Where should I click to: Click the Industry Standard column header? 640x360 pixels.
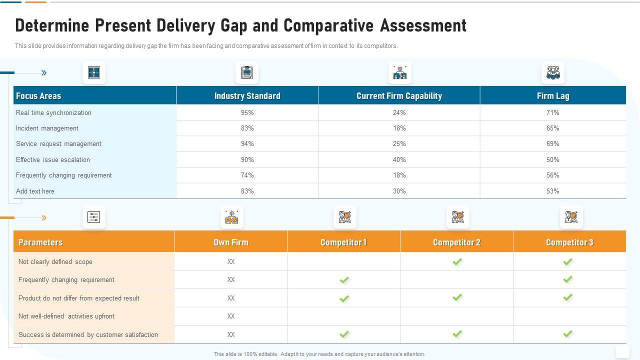247,96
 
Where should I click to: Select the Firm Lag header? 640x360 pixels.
552,96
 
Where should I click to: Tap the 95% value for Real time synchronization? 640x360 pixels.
247,113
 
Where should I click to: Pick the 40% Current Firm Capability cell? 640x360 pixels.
399,160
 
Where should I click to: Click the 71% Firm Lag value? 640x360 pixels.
552,113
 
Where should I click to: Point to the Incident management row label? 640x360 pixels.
47,128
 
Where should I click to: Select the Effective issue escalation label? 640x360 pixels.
53,160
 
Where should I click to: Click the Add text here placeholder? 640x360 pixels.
35,191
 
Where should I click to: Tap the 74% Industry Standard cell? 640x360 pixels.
247,175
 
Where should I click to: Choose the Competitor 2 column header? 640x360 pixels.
456,242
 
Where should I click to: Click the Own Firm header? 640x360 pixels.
230,242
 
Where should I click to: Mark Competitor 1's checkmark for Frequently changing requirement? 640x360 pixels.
344,280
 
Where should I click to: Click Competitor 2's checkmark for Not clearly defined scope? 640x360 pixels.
457,261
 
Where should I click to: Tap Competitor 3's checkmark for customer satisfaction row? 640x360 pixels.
567,334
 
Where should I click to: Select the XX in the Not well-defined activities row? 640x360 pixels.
230,316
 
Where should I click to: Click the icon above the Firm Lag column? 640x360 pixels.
552,73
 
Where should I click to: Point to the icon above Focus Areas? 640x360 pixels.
94,73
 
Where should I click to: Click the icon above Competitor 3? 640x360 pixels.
571,217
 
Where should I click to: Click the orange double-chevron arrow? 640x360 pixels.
44,218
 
